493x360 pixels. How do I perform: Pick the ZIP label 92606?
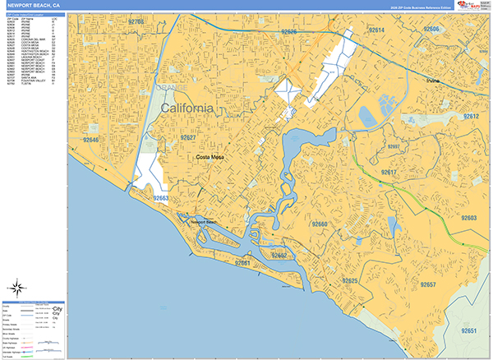click(432, 29)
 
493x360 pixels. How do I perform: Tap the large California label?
click(187, 108)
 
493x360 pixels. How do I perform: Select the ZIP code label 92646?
click(90, 141)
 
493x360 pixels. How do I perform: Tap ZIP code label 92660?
click(319, 224)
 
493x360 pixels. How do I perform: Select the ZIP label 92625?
click(350, 281)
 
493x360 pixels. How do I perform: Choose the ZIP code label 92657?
click(427, 284)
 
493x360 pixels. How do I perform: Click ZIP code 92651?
click(469, 330)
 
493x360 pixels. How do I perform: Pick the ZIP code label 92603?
click(468, 218)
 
